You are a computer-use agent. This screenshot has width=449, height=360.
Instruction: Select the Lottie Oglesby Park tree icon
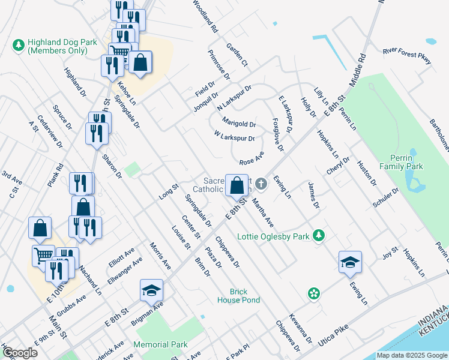320,236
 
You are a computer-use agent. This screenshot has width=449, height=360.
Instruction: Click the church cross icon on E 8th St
260,183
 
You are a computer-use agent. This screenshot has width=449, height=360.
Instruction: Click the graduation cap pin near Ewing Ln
350,262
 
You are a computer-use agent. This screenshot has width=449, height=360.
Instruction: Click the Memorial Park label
160,345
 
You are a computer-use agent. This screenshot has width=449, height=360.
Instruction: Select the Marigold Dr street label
239,124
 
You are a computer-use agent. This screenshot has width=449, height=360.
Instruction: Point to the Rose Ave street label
252,161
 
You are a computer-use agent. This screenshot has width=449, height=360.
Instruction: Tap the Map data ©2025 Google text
411,355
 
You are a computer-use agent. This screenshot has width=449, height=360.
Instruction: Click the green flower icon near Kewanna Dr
313,293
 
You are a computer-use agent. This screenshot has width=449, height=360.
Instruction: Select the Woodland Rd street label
205,16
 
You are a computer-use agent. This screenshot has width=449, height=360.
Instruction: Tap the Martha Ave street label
262,212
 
